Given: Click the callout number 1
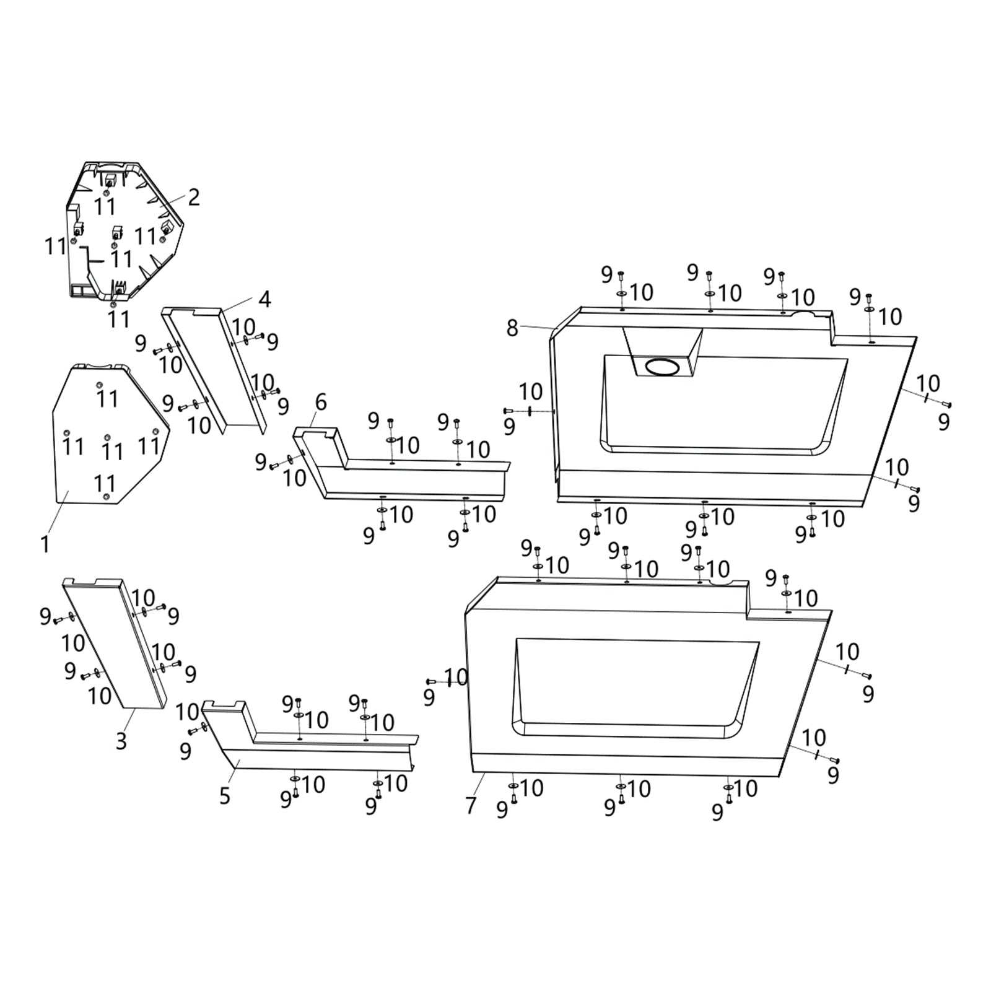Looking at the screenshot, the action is [45, 544].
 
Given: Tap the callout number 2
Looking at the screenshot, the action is [194, 198].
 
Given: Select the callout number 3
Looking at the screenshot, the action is [121, 740].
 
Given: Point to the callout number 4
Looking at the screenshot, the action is [264, 299].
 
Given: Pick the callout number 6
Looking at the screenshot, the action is [321, 403].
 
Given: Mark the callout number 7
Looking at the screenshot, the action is [471, 805].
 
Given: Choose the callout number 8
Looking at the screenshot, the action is [512, 328].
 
